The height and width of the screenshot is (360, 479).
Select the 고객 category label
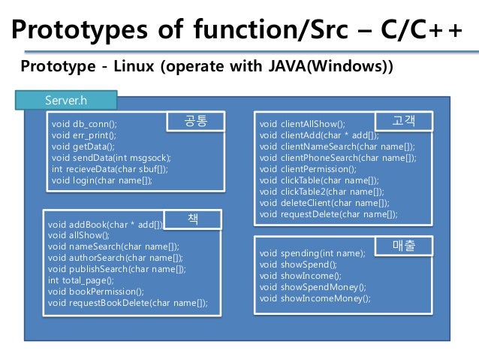pyautogui.click(x=403, y=120)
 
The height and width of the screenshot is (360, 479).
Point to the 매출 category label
pyautogui.click(x=403, y=245)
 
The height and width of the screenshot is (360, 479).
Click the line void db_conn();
pyautogui.click(x=84, y=124)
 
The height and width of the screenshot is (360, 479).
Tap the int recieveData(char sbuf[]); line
pyautogui.click(x=110, y=169)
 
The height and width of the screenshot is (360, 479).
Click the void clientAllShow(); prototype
pyautogui.click(x=303, y=124)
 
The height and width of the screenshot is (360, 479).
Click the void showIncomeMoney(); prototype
pyautogui.click(x=315, y=298)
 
